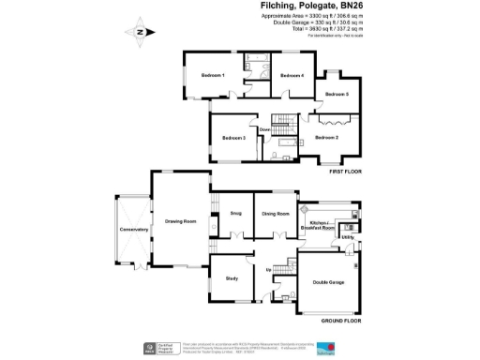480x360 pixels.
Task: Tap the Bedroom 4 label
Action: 292,75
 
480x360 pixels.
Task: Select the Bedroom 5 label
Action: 337,95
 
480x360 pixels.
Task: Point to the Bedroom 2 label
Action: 326,138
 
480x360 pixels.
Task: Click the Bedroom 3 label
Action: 233,138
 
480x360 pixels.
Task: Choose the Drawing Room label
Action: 180,221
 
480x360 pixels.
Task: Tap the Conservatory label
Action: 123,230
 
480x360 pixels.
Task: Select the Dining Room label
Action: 275,215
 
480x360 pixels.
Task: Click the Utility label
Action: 346,238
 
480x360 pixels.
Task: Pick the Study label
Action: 231,278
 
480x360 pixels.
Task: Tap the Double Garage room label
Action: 327,282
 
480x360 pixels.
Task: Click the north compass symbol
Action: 139,32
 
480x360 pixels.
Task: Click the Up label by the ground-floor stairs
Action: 270,270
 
